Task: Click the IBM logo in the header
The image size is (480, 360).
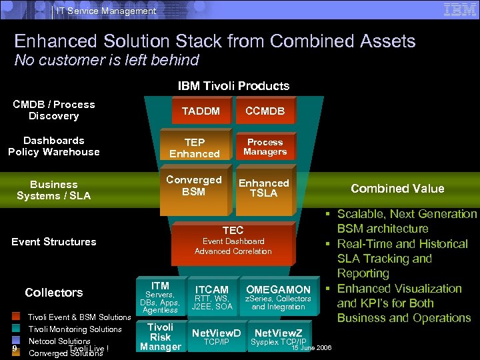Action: [x=459, y=9]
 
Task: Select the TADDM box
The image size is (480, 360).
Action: [x=201, y=111]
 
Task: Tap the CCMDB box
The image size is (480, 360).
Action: [x=265, y=111]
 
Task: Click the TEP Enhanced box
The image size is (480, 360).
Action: [x=195, y=148]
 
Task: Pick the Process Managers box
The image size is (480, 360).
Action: [x=265, y=147]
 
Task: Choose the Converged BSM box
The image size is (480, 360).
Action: [x=193, y=186]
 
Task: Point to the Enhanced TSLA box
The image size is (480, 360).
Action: [x=264, y=188]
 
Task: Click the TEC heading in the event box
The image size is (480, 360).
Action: [x=233, y=230]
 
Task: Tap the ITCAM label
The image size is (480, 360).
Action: [x=212, y=289]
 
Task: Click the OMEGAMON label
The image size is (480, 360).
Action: [x=278, y=289]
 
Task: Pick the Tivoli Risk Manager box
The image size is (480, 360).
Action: [x=160, y=337]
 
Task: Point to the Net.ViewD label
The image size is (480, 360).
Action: [x=216, y=333]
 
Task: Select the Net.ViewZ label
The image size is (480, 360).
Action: [x=278, y=333]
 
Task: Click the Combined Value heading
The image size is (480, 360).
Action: [x=397, y=189]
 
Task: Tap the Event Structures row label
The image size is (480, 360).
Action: [x=54, y=241]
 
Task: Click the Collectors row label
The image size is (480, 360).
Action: [x=54, y=293]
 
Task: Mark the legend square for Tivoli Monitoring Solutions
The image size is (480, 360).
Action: [x=16, y=329]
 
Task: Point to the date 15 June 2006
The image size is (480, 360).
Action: [x=311, y=347]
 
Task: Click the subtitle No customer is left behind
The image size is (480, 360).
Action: [x=107, y=60]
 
